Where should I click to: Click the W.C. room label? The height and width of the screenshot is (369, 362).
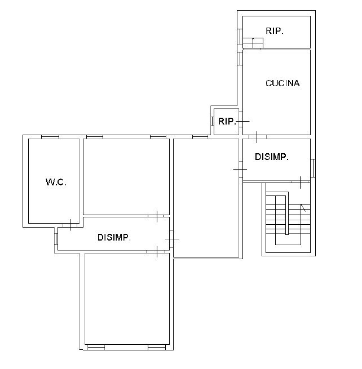(x=56, y=182)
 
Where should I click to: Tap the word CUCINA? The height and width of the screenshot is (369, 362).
(x=282, y=83)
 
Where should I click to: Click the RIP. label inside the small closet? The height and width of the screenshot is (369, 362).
(x=227, y=121)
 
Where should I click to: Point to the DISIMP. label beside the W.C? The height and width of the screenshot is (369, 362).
(x=114, y=238)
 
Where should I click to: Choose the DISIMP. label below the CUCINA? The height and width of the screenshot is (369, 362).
(x=272, y=157)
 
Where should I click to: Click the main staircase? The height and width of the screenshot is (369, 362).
(x=287, y=220)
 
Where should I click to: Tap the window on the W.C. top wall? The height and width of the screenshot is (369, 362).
(x=50, y=136)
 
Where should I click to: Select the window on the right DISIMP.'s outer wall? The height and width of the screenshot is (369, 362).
(x=314, y=167)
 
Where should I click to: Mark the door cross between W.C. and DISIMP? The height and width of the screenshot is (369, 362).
(x=70, y=225)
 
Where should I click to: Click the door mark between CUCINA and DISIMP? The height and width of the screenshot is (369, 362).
(x=257, y=137)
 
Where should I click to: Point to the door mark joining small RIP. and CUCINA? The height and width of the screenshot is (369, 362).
(x=243, y=121)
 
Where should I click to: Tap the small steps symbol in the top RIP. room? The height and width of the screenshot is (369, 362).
(x=253, y=42)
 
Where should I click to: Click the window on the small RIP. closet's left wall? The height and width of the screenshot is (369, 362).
(x=211, y=121)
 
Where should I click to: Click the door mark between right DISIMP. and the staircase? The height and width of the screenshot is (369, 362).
(x=300, y=181)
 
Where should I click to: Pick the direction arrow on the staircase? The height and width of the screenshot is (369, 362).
(x=304, y=208)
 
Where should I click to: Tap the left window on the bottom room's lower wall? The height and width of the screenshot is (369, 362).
(x=96, y=348)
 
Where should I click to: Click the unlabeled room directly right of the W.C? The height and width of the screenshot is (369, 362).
(x=126, y=176)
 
